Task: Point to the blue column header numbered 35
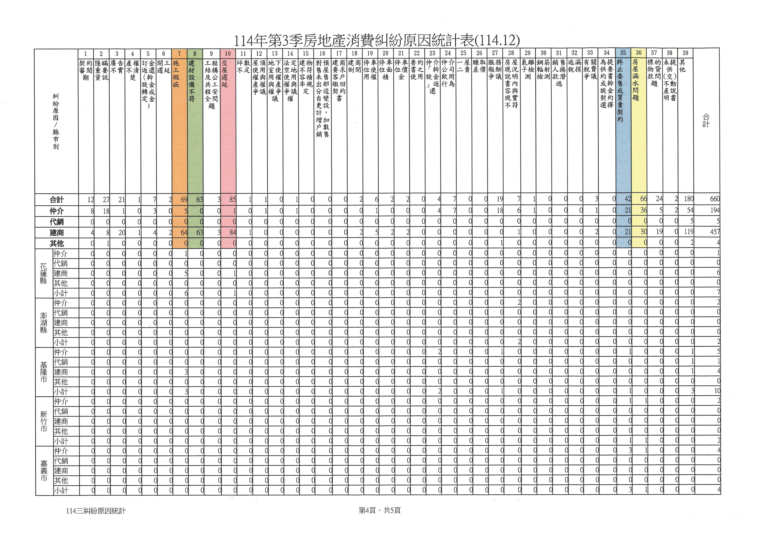pos(623,53)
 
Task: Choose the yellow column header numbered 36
pos(639,53)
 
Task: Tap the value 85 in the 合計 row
pos(232,199)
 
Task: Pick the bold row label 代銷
pos(57,222)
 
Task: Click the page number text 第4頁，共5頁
pos(380,511)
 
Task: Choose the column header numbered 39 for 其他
pos(685,53)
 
